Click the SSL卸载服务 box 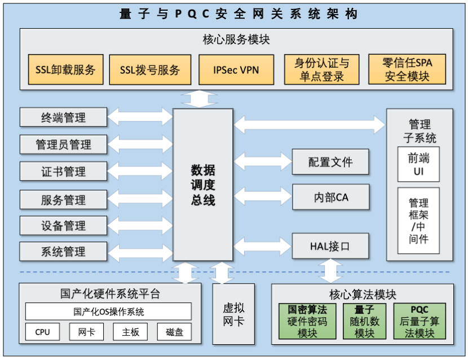(65, 70)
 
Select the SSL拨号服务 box (150, 70)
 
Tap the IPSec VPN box (236, 70)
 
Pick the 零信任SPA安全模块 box (407, 70)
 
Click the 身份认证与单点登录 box (321, 70)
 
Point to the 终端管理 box (63, 117)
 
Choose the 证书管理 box (63, 172)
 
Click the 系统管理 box (63, 251)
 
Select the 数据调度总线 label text (203, 185)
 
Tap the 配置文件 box (330, 162)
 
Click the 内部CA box (330, 197)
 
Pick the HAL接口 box (330, 246)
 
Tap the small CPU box (42, 332)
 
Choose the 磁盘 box (174, 332)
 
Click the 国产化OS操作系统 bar (108, 311)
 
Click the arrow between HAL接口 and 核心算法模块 (330, 271)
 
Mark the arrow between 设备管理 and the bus (140, 225)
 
